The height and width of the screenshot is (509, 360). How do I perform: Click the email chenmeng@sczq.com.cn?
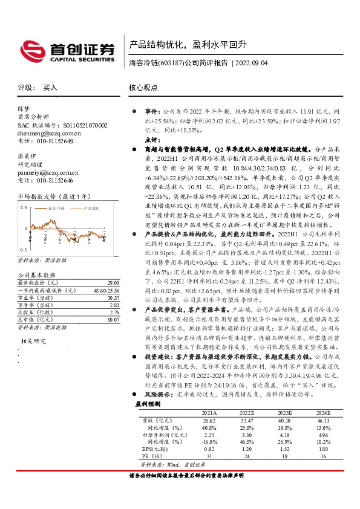click(x=49, y=133)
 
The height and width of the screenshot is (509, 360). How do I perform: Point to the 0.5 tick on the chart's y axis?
click(x=23, y=207)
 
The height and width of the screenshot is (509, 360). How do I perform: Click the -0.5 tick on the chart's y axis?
click(x=22, y=250)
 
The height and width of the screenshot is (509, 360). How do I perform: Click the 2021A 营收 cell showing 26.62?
click(x=210, y=420)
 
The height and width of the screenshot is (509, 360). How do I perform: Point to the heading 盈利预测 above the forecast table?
click(x=147, y=403)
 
